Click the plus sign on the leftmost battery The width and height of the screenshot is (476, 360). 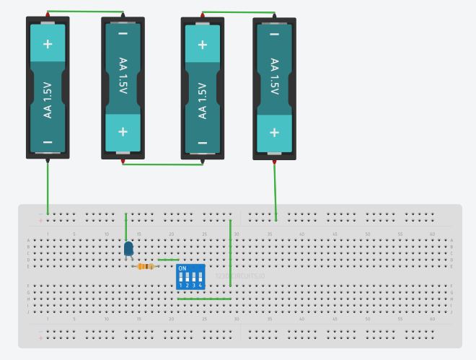pos(48,44)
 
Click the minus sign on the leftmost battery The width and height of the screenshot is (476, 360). pos(48,142)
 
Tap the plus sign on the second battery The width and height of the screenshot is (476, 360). pos(123,132)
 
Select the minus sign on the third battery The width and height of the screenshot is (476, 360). pos(202,142)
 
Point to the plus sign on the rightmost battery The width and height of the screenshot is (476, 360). pos(274,132)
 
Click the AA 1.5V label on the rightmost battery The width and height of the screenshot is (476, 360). pos(274,76)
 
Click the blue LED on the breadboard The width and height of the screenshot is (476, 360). pos(128,249)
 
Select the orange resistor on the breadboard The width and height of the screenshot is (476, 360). pos(146,266)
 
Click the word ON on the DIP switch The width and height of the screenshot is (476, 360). pos(182,268)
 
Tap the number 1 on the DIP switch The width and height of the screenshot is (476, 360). pos(181,286)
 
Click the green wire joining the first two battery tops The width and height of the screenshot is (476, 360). pos(85,12)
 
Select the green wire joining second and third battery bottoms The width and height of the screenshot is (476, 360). pos(162,164)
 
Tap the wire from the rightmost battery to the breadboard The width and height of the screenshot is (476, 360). pos(275,189)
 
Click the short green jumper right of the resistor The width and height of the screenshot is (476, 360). pos(168,260)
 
